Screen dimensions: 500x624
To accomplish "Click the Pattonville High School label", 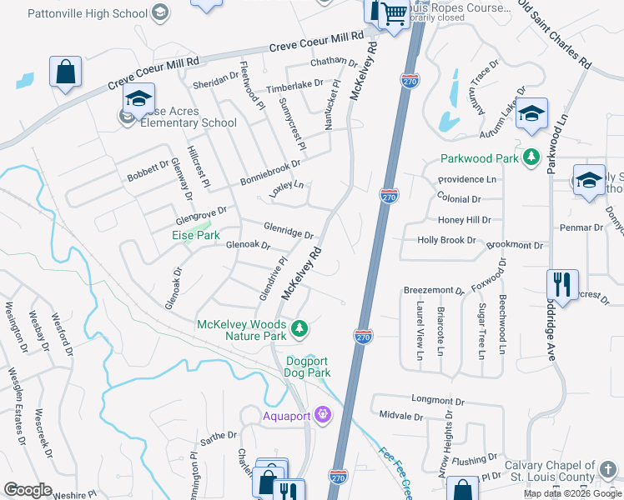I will tap(88, 13).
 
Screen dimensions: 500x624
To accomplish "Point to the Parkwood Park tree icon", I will tap(531, 157).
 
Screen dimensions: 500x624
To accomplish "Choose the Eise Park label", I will tap(196, 236).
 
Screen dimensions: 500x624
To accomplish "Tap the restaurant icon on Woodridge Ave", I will tap(562, 285).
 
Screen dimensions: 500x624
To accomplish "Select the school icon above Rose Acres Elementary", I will tap(139, 98).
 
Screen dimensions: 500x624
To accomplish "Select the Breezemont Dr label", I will tap(433, 291).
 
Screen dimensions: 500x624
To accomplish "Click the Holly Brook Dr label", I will tap(446, 240).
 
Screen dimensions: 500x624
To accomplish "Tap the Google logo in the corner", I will tap(28, 490).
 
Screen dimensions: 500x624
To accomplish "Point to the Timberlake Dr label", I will tap(294, 87).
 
